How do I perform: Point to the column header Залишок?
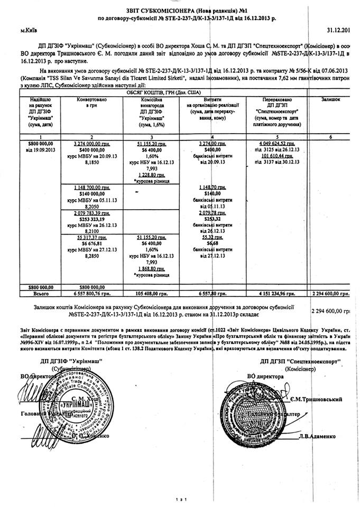coord(331,99)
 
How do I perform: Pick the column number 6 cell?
coord(331,137)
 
